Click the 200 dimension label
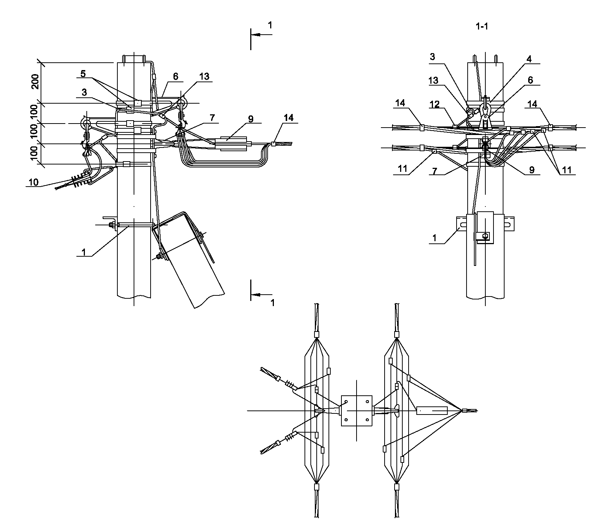[x=35, y=82]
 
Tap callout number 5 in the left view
[x=83, y=74]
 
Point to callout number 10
[x=33, y=182]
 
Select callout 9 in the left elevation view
[x=251, y=119]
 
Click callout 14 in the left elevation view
[x=289, y=118]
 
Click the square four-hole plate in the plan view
[x=357, y=411]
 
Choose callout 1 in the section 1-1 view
[x=434, y=238]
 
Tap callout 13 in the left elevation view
[x=204, y=76]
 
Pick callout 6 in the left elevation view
[x=176, y=76]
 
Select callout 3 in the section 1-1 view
[x=433, y=57]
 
